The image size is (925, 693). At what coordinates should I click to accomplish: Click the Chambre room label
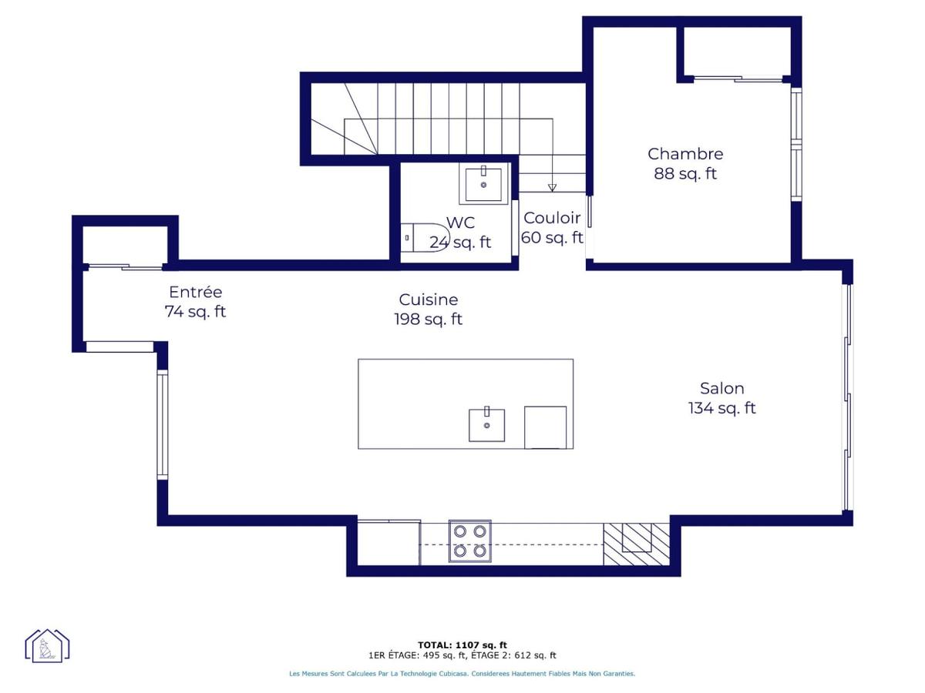click(684, 154)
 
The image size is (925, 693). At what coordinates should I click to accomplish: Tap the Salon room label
click(721, 388)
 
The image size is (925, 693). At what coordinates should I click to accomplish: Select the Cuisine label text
click(428, 300)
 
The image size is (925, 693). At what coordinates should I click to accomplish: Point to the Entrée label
click(196, 292)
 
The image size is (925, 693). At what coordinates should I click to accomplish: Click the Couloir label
click(552, 218)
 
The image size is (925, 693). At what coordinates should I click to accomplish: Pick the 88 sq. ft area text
click(684, 173)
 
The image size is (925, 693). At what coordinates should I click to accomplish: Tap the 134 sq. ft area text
click(721, 408)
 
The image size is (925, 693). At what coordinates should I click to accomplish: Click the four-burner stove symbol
click(469, 541)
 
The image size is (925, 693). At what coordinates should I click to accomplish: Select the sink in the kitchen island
click(486, 424)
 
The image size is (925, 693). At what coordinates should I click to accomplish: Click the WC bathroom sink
click(483, 184)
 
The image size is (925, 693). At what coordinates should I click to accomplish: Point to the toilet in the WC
click(425, 238)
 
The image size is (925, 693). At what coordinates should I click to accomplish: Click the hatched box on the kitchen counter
click(637, 544)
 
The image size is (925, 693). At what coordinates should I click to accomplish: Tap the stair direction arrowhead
click(552, 188)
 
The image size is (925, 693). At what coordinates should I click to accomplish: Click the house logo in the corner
click(47, 645)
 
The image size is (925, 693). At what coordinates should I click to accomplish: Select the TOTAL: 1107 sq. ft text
click(462, 645)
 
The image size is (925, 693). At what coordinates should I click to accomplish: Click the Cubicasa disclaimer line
click(462, 674)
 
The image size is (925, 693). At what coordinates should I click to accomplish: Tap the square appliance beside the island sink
click(545, 427)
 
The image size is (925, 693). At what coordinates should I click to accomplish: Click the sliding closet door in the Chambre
click(738, 79)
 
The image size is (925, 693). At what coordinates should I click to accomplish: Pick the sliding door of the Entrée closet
click(125, 266)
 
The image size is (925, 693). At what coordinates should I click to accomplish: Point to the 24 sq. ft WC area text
click(460, 243)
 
